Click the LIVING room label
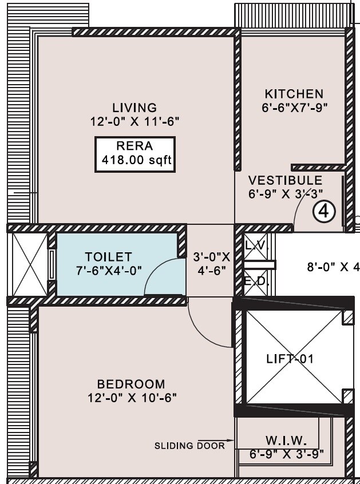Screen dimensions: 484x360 [134, 108]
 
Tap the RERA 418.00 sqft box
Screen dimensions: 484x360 [134, 154]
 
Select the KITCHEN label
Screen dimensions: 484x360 [294, 93]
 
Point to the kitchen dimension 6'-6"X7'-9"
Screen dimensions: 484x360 [294, 107]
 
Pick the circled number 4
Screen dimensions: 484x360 [323, 212]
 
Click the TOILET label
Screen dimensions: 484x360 [108, 257]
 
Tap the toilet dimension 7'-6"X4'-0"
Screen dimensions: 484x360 [108, 269]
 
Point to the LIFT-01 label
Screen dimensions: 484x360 [290, 359]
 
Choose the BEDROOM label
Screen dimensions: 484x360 [130, 384]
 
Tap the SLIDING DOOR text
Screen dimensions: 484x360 [189, 445]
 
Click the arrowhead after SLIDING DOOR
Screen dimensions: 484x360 [231, 441]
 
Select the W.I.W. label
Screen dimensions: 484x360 [286, 441]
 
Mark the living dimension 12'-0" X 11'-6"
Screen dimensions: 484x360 [134, 121]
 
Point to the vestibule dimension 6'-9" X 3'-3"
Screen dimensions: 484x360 [286, 194]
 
